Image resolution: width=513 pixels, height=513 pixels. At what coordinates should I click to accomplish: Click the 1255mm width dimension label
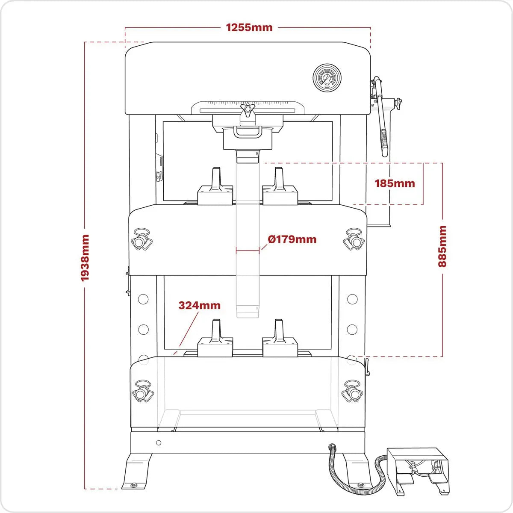(249, 28)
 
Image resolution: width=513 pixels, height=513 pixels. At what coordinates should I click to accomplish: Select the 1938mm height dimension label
(85, 257)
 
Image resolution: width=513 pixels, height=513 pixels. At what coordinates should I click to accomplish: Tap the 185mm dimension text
(395, 183)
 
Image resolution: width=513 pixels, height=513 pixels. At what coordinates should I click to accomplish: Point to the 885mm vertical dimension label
(442, 246)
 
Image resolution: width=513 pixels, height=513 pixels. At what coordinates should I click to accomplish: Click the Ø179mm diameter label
(292, 239)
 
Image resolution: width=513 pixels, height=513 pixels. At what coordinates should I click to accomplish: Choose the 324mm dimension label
(199, 305)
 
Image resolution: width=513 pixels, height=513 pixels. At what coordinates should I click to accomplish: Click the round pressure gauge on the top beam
(327, 78)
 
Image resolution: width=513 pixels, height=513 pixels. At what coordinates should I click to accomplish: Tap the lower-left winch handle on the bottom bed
(142, 391)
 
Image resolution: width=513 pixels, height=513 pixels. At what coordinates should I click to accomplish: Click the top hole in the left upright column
(143, 299)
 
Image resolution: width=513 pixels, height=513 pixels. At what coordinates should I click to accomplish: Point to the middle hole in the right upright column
(352, 329)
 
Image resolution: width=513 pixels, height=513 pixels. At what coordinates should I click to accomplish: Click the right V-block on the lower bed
(280, 341)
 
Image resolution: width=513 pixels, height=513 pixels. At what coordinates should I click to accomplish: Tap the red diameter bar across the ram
(248, 251)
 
